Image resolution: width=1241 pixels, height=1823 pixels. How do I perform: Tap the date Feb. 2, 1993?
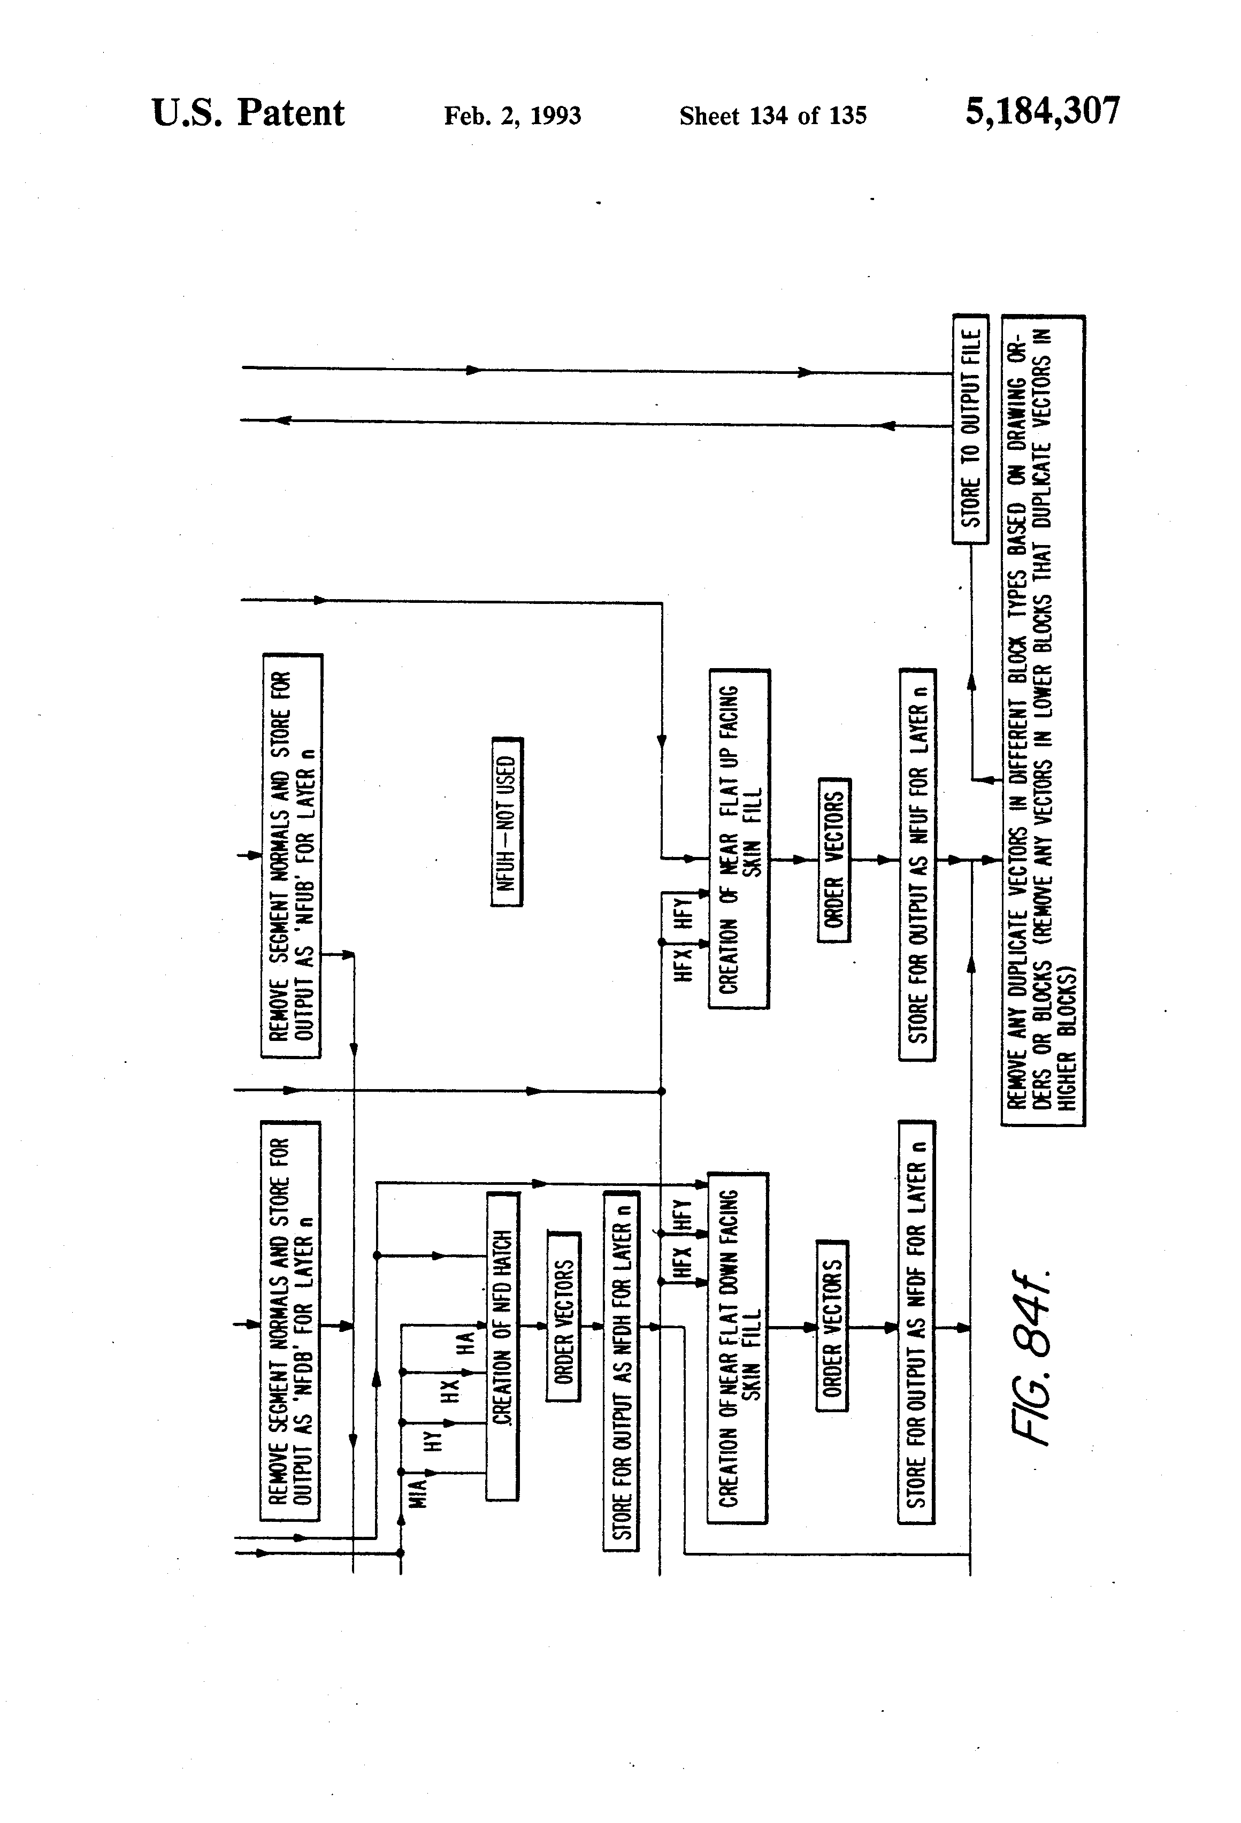tap(512, 116)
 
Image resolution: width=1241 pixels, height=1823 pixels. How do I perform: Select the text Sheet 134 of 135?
tap(773, 116)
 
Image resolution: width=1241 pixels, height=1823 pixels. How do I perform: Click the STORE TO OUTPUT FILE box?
tap(970, 428)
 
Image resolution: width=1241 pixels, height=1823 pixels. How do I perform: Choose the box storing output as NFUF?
tap(917, 864)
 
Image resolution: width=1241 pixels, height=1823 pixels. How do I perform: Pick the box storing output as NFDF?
tap(915, 1322)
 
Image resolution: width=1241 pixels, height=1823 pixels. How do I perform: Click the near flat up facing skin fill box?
tap(739, 839)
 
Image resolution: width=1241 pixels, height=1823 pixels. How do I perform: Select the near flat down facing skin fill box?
tap(738, 1347)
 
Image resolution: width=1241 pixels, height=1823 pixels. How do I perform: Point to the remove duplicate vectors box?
tap(1043, 720)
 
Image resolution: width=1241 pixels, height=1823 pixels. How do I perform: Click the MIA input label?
tap(419, 1491)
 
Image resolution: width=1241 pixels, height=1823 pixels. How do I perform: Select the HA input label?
tap(465, 1343)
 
